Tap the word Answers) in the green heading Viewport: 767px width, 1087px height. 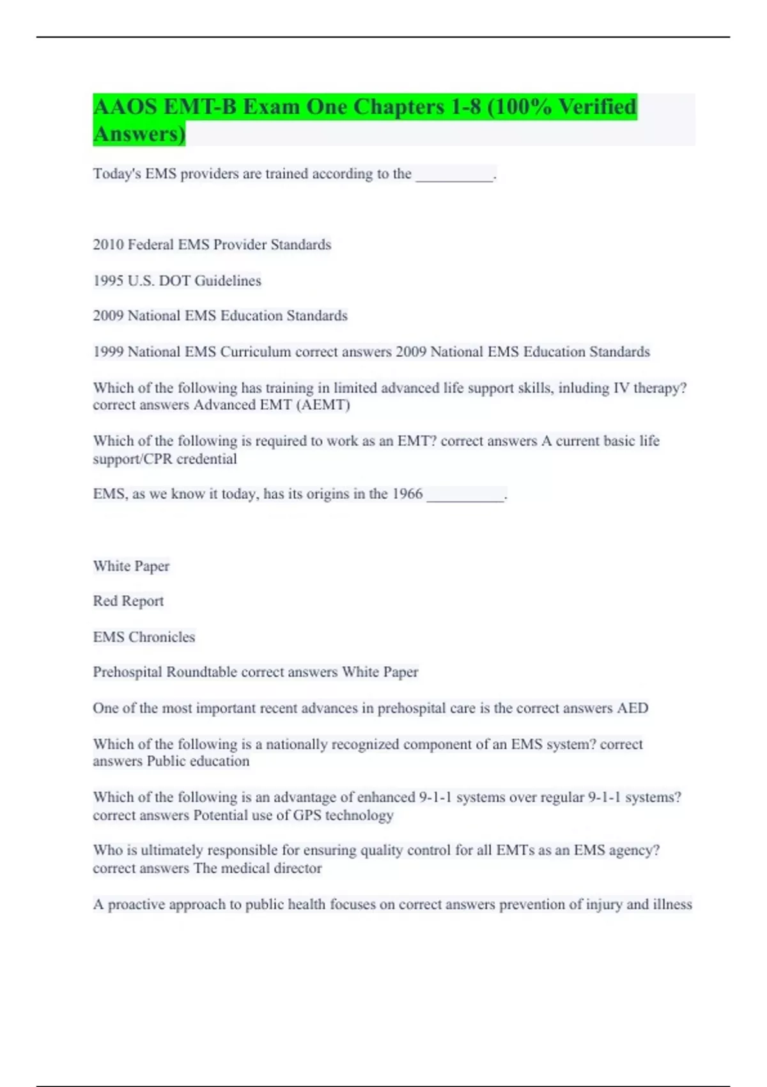click(x=139, y=134)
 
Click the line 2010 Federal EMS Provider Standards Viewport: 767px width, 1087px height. click(x=212, y=244)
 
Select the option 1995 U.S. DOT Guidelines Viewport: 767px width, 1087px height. click(x=177, y=280)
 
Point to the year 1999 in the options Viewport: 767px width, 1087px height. click(x=108, y=352)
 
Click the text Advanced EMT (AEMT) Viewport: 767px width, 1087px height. click(x=272, y=405)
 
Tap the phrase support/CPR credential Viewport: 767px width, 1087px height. click(x=165, y=458)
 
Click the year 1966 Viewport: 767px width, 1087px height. click(x=407, y=494)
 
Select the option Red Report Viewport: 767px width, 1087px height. click(x=128, y=601)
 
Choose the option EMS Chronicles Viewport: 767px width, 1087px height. click(x=144, y=637)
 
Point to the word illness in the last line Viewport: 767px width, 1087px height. click(x=672, y=904)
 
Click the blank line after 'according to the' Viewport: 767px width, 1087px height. click(x=454, y=178)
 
